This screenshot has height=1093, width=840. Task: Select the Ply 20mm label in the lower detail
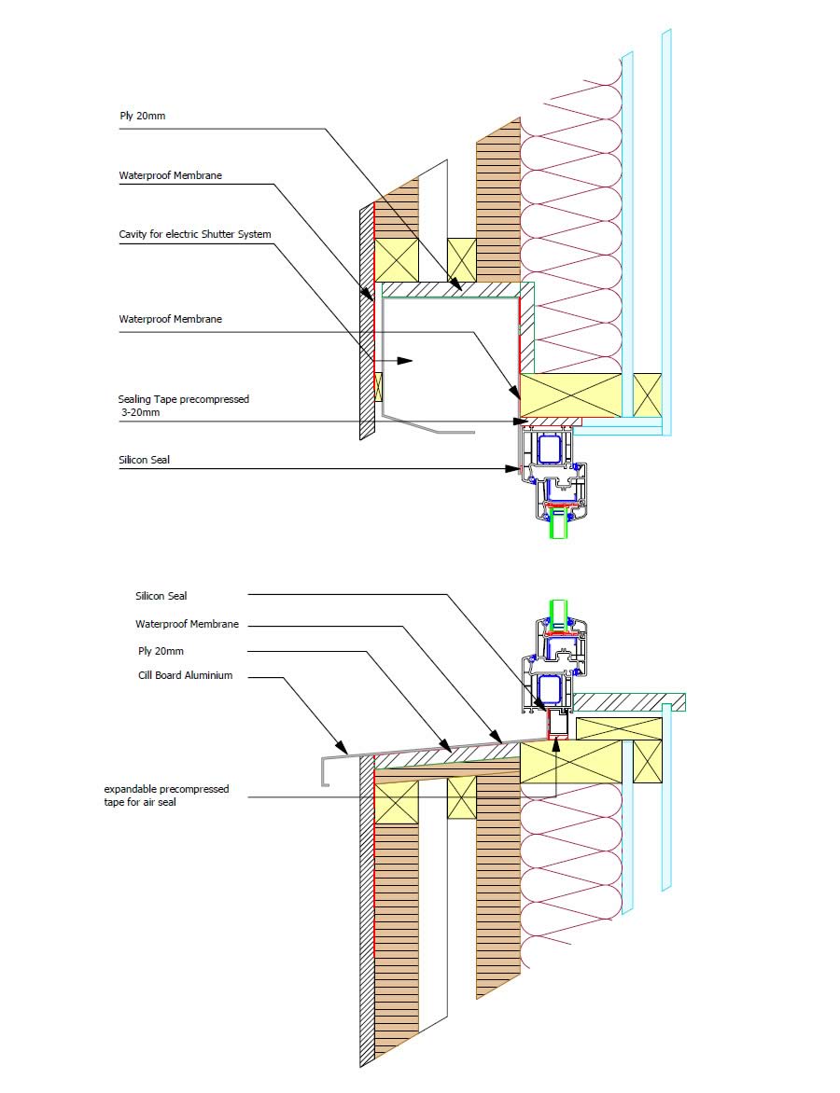(x=157, y=650)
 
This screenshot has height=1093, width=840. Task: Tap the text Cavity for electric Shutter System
(x=195, y=234)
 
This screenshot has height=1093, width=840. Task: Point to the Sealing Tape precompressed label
(x=184, y=399)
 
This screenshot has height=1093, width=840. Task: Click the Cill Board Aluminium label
(x=185, y=675)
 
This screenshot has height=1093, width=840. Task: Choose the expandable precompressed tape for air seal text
(x=166, y=796)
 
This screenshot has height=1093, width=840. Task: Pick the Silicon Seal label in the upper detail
(x=145, y=460)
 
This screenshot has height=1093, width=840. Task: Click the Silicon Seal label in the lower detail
(x=161, y=596)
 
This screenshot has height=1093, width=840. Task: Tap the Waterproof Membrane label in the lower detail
(x=187, y=624)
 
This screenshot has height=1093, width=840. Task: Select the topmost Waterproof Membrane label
(x=170, y=175)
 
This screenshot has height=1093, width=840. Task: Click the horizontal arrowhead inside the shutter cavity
(x=405, y=360)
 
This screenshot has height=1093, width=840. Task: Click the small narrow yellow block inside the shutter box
(x=378, y=387)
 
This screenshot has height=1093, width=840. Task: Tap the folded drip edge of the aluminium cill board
(x=325, y=770)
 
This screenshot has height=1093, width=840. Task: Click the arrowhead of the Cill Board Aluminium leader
(x=343, y=749)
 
